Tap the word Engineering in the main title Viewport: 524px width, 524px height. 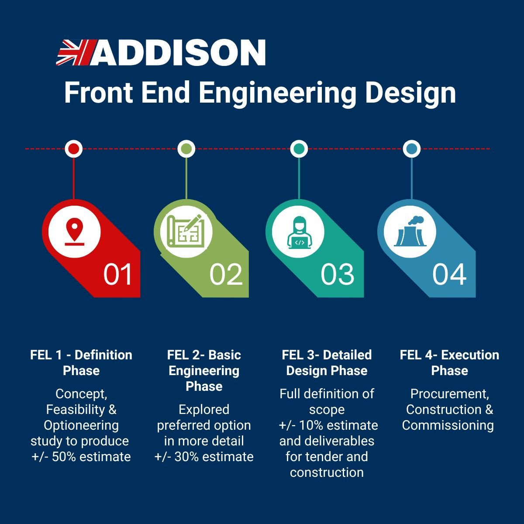coord(278,94)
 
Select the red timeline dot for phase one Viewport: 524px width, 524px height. coord(74,149)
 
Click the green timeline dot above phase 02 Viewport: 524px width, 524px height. coord(186,149)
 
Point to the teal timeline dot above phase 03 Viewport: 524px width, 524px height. coord(299,149)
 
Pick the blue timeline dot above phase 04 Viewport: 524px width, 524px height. coord(411,149)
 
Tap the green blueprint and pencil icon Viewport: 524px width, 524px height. coord(186,231)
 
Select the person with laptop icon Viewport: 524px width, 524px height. coord(299,232)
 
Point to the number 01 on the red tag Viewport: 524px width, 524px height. coord(118,274)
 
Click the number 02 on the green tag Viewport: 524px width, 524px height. coord(226,274)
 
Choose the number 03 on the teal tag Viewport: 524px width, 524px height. coord(338,274)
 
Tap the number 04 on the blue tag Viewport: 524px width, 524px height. coord(449,274)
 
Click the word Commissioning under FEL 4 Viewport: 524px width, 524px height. coord(448,426)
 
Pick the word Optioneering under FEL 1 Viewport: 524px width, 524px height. coord(81,426)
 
